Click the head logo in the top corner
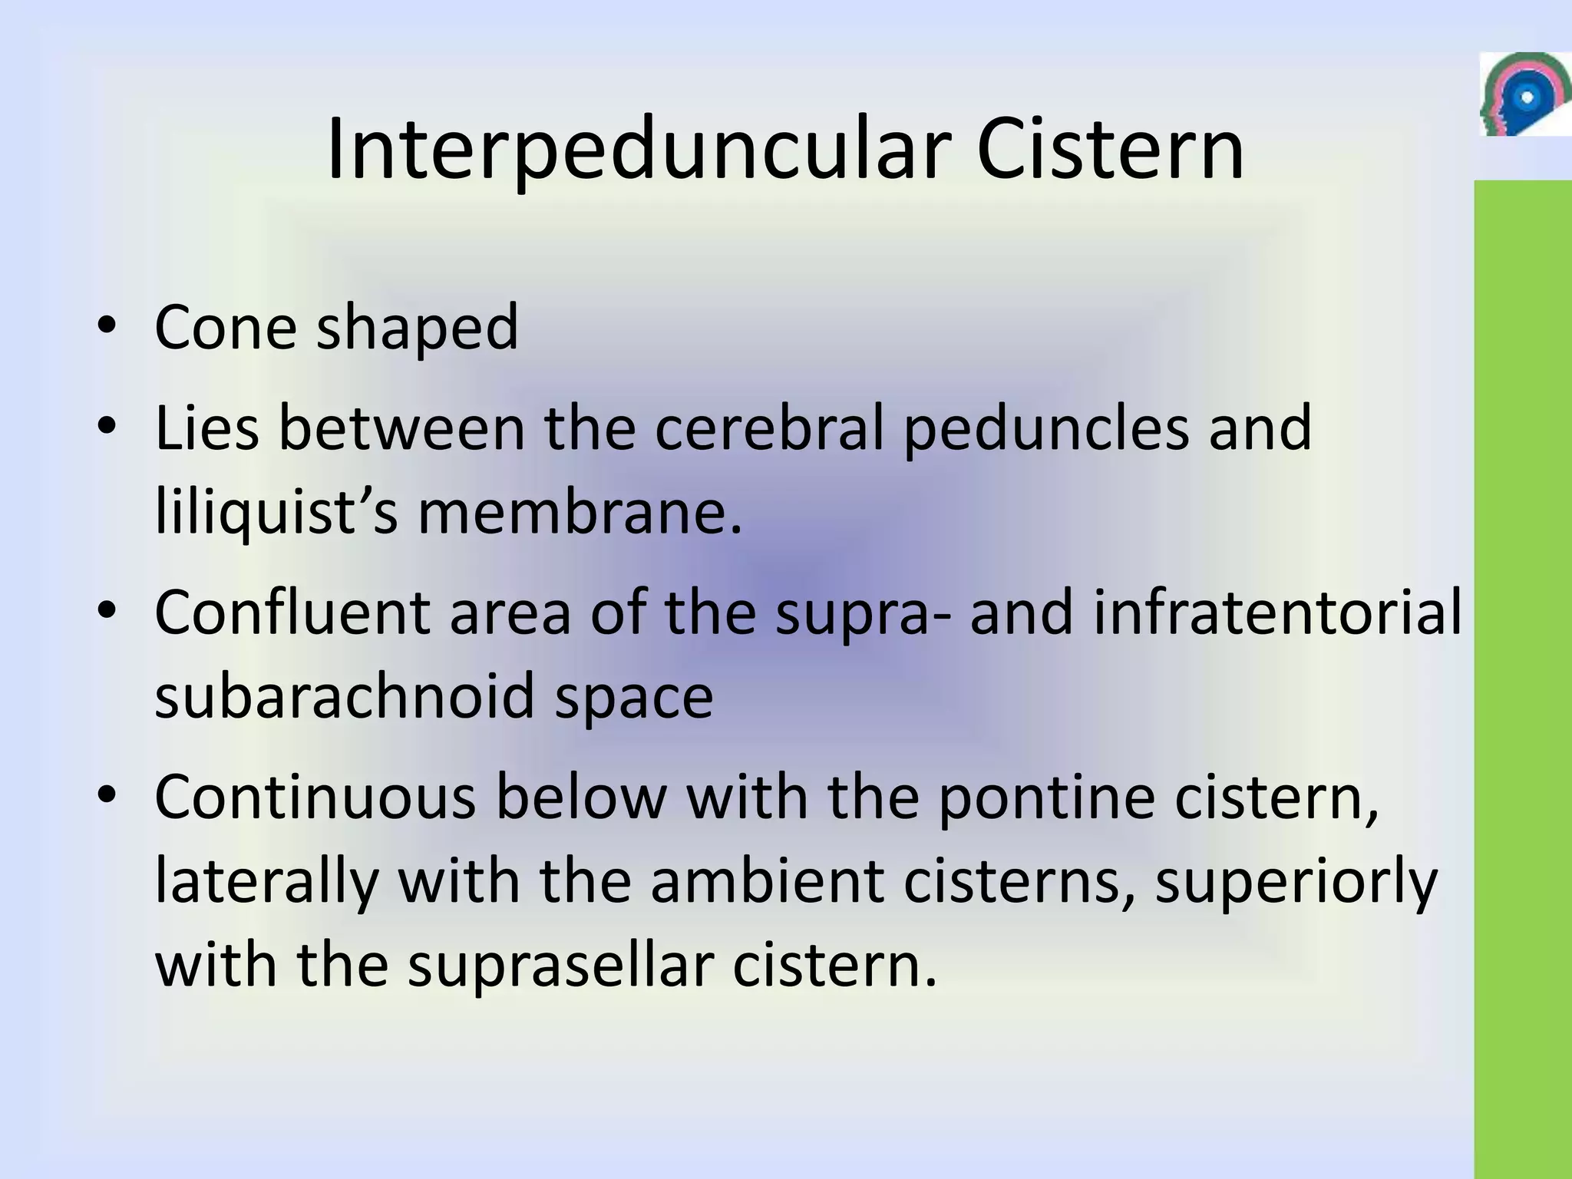click(x=1524, y=95)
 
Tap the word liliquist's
click(x=276, y=513)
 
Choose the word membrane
click(x=580, y=511)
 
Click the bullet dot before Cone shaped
click(x=107, y=327)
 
